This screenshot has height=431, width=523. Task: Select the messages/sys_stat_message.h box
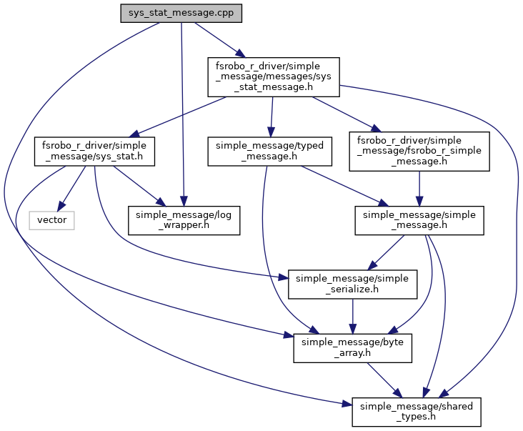[272, 77]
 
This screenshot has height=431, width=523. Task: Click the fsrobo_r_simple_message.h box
[419, 151]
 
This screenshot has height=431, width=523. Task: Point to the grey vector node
[51, 220]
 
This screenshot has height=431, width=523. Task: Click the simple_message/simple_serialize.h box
[352, 284]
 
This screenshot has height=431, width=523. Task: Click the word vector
[51, 220]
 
